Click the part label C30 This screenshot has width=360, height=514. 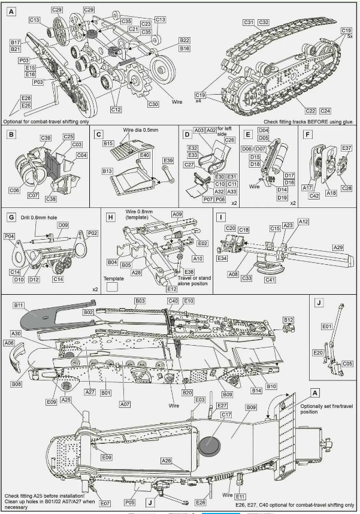[153, 104]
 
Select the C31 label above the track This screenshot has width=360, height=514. [250, 22]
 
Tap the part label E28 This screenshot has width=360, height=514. [26, 98]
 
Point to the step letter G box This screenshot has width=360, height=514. [12, 217]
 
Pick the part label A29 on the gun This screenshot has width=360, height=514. [338, 246]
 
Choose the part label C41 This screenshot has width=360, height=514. [270, 280]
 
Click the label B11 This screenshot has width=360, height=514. [19, 305]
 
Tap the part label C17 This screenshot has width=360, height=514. [226, 414]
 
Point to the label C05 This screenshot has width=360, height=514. [348, 363]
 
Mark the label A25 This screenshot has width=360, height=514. [66, 400]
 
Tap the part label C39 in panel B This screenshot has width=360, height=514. [46, 138]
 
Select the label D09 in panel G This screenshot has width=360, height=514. [62, 225]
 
